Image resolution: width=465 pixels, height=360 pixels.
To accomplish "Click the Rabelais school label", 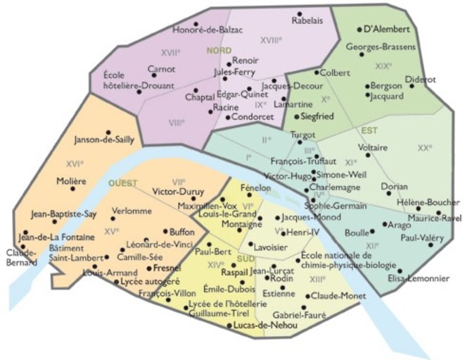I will [307, 20].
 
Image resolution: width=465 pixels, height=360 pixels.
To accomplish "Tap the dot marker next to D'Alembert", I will [359, 30].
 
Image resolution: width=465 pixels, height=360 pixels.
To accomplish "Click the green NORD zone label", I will [219, 51].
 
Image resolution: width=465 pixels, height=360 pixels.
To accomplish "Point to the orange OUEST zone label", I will [123, 183].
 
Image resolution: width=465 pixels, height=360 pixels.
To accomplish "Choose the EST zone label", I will [369, 131].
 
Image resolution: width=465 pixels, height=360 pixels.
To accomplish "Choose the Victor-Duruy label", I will [178, 191].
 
